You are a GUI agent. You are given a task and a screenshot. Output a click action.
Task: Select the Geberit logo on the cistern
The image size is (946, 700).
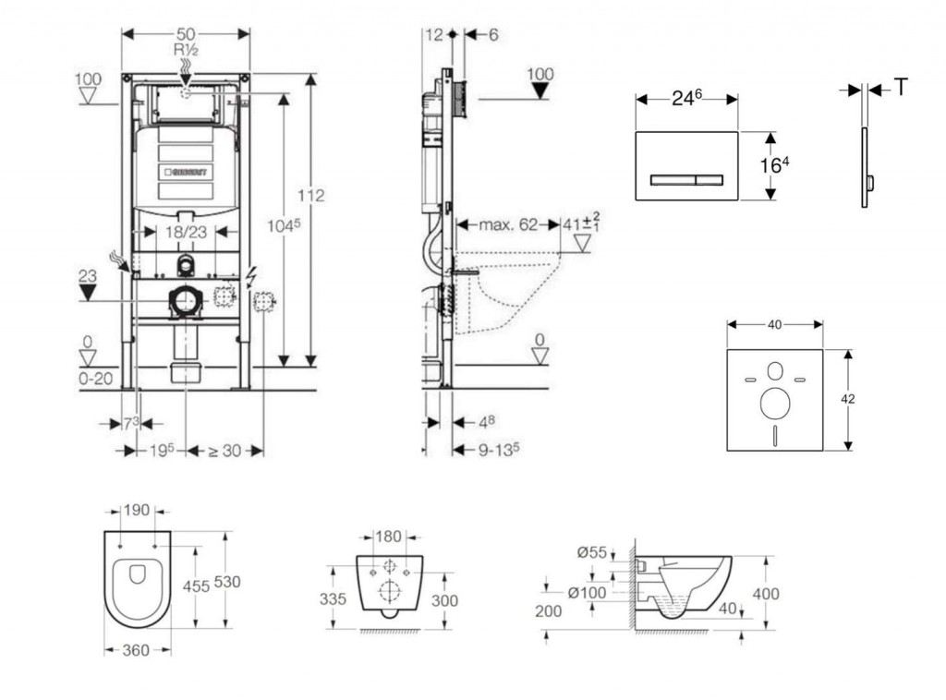pyautogui.click(x=188, y=173)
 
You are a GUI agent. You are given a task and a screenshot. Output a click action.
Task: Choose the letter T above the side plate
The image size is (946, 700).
pyautogui.click(x=901, y=88)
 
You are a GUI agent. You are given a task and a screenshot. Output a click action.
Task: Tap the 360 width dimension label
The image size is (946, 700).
pyautogui.click(x=136, y=651)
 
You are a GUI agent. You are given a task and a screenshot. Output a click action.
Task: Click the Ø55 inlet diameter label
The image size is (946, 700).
pyautogui.click(x=592, y=553)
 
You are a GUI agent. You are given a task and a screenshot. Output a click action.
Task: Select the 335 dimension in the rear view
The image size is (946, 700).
pyautogui.click(x=333, y=599)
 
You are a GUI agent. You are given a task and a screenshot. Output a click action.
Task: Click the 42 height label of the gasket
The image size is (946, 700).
pyautogui.click(x=848, y=399)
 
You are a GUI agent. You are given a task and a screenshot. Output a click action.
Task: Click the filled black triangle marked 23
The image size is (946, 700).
pyautogui.click(x=88, y=293)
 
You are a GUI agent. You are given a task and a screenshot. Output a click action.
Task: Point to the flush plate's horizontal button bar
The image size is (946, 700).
pyautogui.click(x=686, y=178)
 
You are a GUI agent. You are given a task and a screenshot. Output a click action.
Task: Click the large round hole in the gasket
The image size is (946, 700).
pyautogui.click(x=774, y=402)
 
